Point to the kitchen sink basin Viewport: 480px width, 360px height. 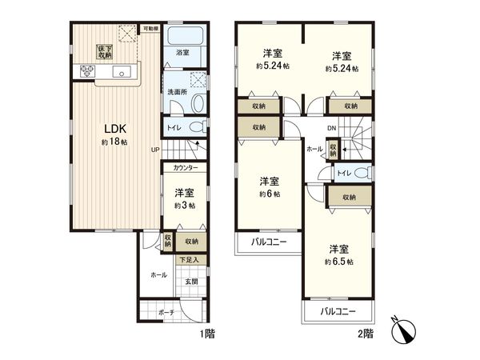124,74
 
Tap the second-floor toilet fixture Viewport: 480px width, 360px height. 360,173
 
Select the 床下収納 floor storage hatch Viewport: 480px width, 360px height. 104,52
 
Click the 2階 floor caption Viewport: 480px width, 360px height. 365,330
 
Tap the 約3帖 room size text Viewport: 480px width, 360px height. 183,206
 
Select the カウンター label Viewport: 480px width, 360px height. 184,169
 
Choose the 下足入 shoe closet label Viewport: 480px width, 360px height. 188,260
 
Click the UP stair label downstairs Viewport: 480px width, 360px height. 155,149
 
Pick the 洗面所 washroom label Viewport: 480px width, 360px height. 177,92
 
